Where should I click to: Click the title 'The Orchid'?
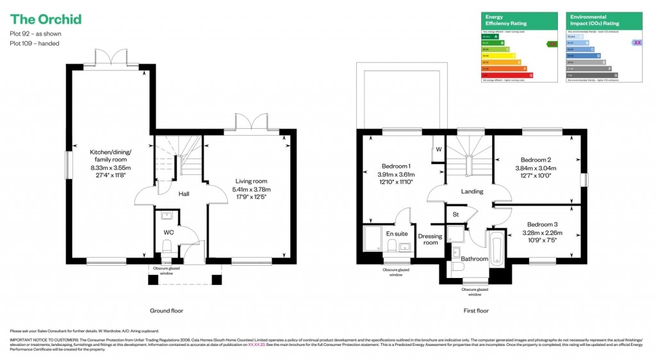pyautogui.click(x=45, y=19)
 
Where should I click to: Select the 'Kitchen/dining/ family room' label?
pyautogui.click(x=110, y=163)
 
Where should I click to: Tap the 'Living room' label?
pyautogui.click(x=251, y=185)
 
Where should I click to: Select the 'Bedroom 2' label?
pyautogui.click(x=536, y=160)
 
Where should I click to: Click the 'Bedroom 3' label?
pyautogui.click(x=541, y=224)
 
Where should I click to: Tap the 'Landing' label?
pyautogui.click(x=471, y=191)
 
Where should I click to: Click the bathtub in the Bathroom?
pyautogui.click(x=496, y=249)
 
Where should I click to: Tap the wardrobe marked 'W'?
pyautogui.click(x=438, y=150)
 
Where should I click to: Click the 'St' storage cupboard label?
pyautogui.click(x=456, y=214)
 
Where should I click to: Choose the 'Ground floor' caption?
pyautogui.click(x=167, y=311)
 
